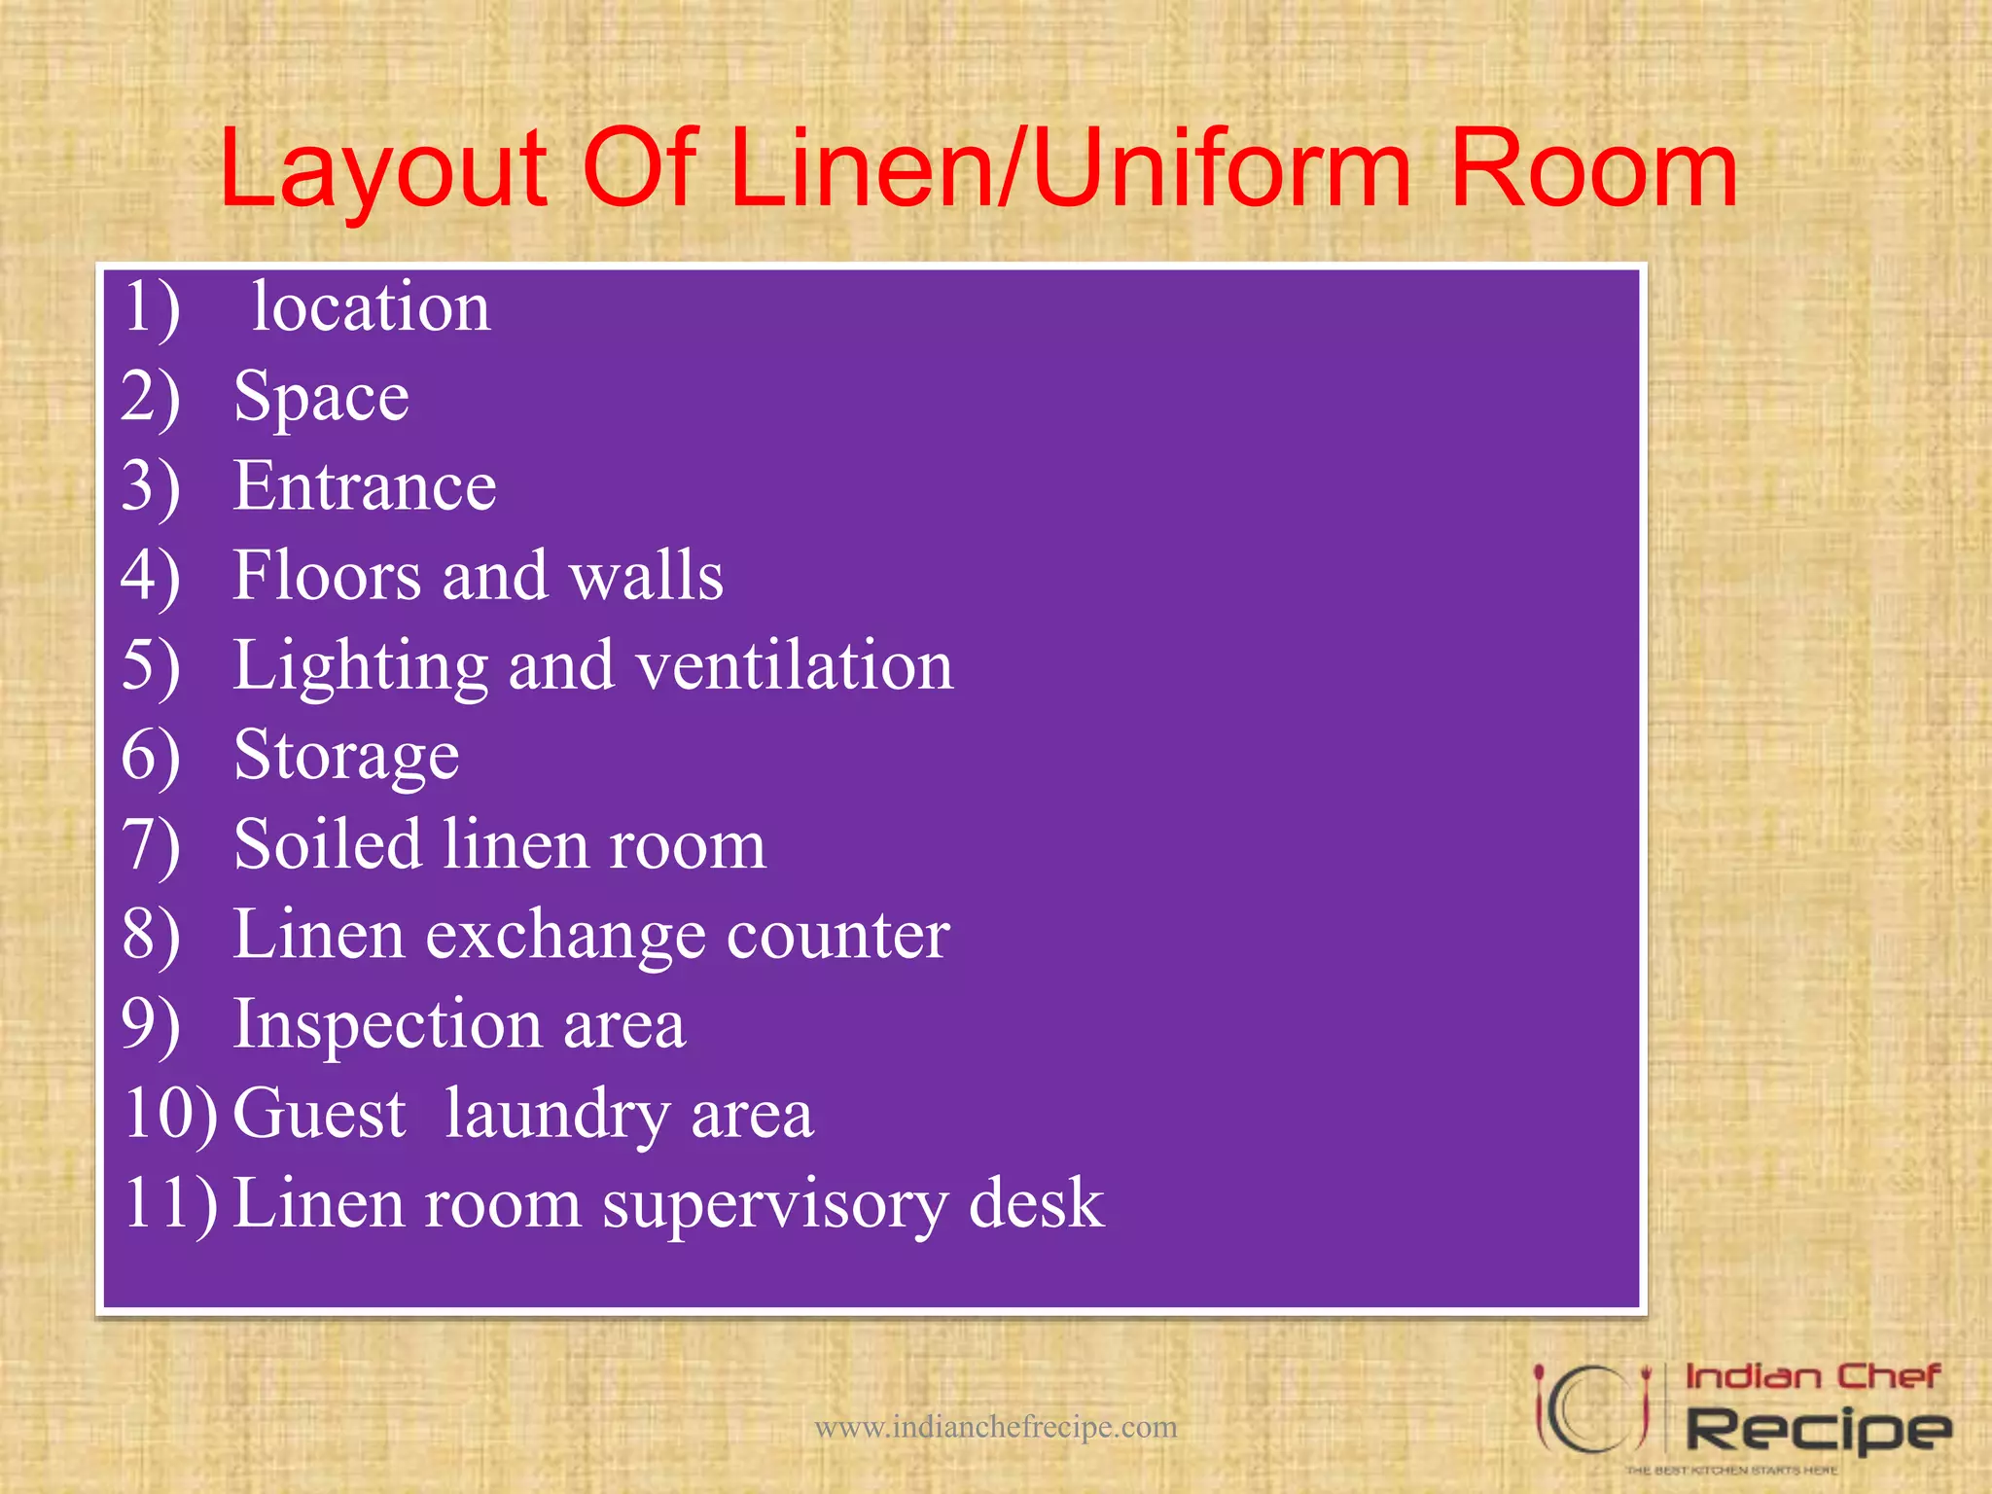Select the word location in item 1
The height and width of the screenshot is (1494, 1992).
[x=371, y=307]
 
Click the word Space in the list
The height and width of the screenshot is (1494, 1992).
[x=321, y=397]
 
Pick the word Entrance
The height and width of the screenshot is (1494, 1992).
[x=365, y=485]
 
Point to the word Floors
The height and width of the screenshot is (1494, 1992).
[x=327, y=575]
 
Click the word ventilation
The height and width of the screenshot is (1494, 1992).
[x=795, y=665]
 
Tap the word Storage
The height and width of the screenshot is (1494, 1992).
[x=346, y=756]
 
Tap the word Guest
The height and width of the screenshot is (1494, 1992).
[x=319, y=1113]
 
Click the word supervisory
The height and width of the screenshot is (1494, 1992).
[x=774, y=1204]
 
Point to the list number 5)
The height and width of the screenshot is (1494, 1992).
[x=151, y=665]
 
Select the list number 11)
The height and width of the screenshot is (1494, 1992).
[x=170, y=1204]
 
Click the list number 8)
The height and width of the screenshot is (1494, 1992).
[x=151, y=935]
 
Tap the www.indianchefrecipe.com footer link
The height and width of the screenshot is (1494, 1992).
[x=995, y=1427]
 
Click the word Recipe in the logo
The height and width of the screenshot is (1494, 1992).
[x=1817, y=1431]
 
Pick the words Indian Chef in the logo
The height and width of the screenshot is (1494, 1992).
[x=1812, y=1377]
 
